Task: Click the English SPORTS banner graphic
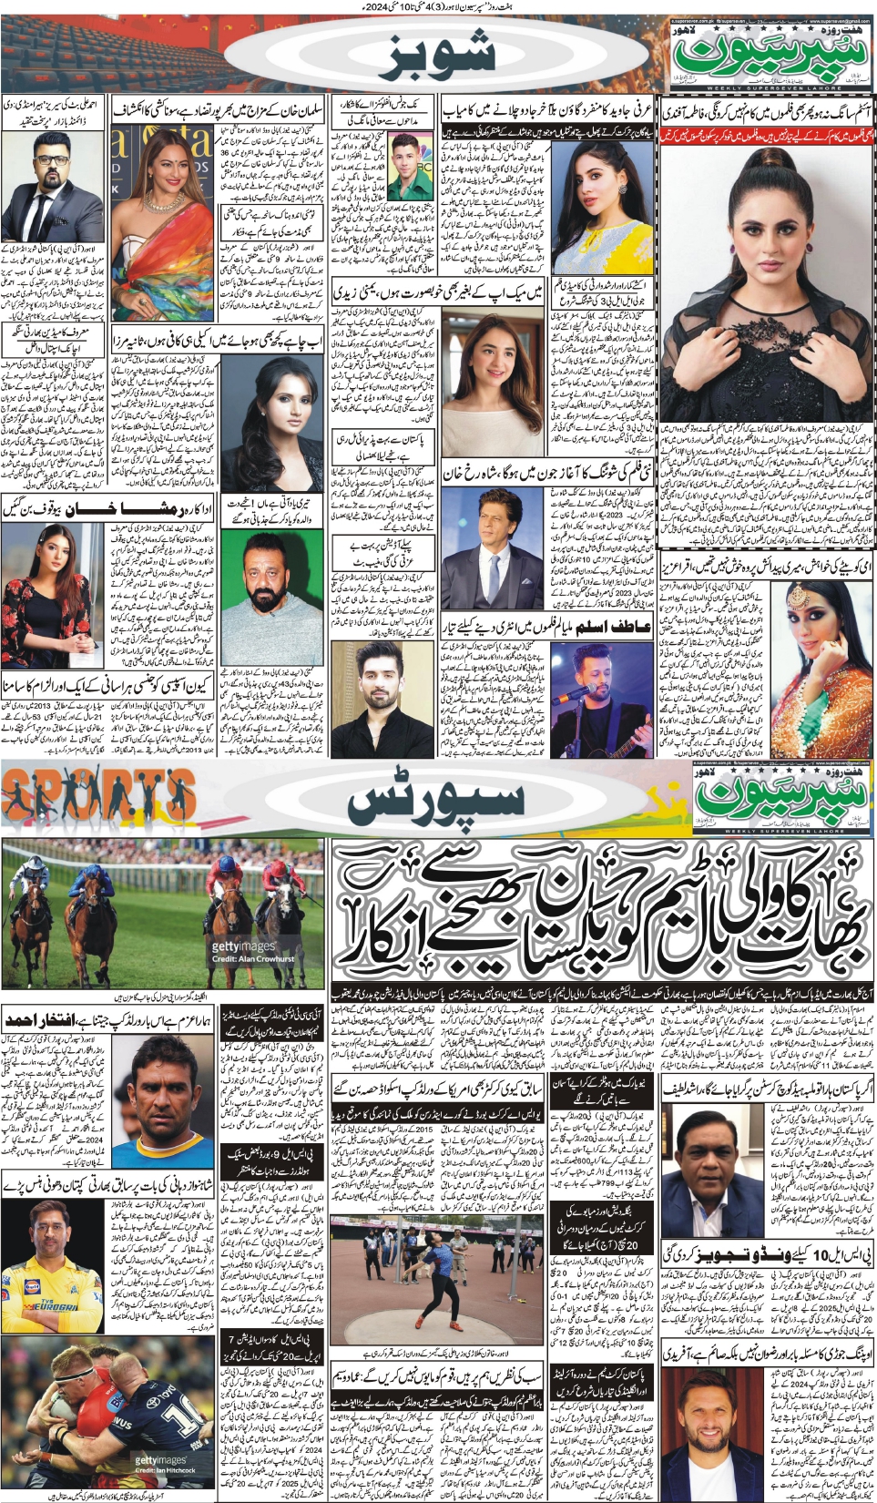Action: [98, 797]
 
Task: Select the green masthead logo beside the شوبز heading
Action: [770, 56]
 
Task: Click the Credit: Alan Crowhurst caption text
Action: [252, 958]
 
